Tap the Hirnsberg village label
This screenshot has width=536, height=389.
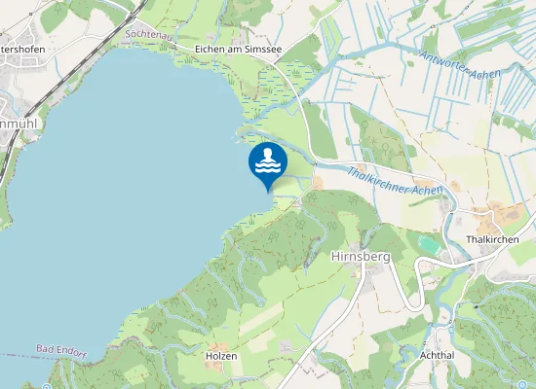(x=361, y=257)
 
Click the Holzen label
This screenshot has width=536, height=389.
(x=221, y=356)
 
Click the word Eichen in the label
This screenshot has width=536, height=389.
(x=211, y=48)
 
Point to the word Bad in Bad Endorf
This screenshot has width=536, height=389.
(x=44, y=347)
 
